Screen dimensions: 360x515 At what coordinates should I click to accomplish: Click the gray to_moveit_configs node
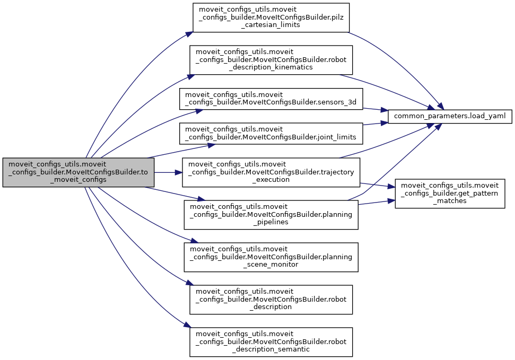pyautogui.click(x=78, y=172)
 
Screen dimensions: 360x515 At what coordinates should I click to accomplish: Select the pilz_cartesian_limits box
pyautogui.click(x=271, y=17)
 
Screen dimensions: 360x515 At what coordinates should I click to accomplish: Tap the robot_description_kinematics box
pyautogui.click(x=271, y=59)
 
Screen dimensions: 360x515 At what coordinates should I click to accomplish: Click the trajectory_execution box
pyautogui.click(x=271, y=172)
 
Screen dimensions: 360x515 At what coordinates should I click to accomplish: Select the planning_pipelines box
pyautogui.click(x=271, y=214)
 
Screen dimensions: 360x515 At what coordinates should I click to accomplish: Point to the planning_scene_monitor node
pyautogui.click(x=271, y=257)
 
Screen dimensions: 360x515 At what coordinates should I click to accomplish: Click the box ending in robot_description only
pyautogui.click(x=271, y=299)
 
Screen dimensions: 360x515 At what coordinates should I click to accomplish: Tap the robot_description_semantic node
pyautogui.click(x=271, y=341)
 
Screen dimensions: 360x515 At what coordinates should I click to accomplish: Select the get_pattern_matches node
pyautogui.click(x=450, y=194)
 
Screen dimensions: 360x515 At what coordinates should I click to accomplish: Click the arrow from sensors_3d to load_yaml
pyautogui.click(x=376, y=109)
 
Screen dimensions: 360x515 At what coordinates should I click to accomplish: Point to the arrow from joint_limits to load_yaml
pyautogui.click(x=376, y=124)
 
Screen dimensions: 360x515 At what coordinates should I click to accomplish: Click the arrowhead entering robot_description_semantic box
pyautogui.click(x=187, y=326)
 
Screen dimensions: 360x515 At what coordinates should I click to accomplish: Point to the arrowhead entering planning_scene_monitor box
pyautogui.click(x=188, y=242)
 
